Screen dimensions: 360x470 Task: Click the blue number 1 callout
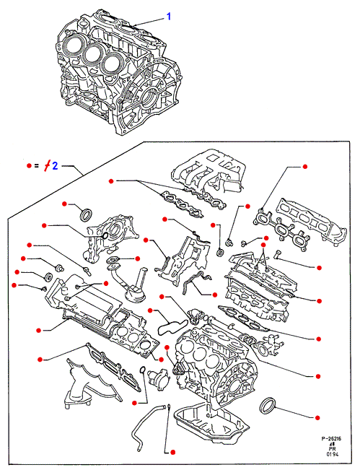click(169, 16)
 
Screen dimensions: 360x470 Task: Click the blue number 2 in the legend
click(55, 165)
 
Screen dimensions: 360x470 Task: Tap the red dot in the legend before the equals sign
click(29, 165)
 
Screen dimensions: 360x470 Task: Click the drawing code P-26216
click(331, 438)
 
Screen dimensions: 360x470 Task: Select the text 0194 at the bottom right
click(333, 454)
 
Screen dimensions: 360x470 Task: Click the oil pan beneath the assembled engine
click(211, 419)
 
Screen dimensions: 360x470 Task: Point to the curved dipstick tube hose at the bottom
click(146, 424)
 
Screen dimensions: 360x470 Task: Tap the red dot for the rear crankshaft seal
click(317, 417)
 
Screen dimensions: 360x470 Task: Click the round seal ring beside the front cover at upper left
click(86, 214)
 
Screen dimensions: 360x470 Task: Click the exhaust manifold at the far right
click(312, 222)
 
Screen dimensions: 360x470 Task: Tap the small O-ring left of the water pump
click(143, 370)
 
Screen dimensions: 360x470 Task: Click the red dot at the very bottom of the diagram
click(172, 452)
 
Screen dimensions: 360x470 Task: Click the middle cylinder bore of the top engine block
click(92, 54)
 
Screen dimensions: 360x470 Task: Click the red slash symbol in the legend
click(48, 165)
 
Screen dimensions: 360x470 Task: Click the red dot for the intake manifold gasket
click(111, 181)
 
